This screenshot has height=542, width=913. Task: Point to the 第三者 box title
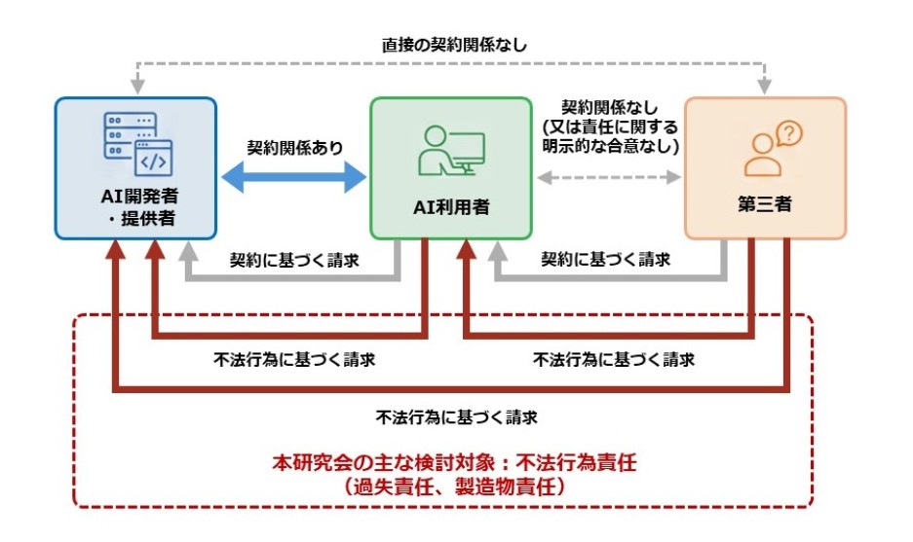[765, 206]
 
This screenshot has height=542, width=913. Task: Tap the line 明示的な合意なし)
[610, 145]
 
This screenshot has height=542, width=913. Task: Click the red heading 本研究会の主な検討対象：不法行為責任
[454, 463]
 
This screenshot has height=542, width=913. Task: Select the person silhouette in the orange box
[761, 156]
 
